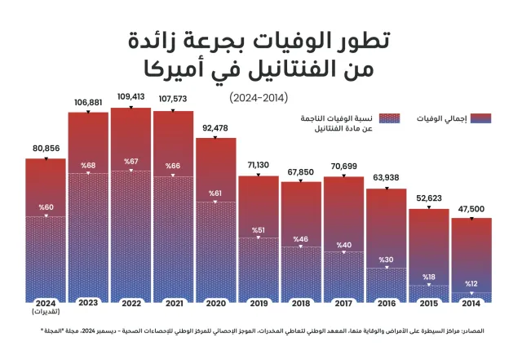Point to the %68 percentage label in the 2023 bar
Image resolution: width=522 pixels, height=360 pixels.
(88, 166)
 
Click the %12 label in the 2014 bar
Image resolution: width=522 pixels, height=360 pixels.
(471, 284)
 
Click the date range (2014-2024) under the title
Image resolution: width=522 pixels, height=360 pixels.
(260, 96)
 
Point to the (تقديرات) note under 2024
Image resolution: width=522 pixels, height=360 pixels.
(46, 311)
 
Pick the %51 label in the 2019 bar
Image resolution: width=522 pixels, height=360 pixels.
(259, 230)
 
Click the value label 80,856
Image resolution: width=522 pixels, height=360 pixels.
(46, 149)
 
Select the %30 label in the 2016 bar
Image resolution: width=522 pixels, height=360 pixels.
(386, 260)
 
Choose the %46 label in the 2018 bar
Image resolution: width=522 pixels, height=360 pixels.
(301, 240)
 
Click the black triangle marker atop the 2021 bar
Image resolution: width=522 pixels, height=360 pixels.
(174, 109)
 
